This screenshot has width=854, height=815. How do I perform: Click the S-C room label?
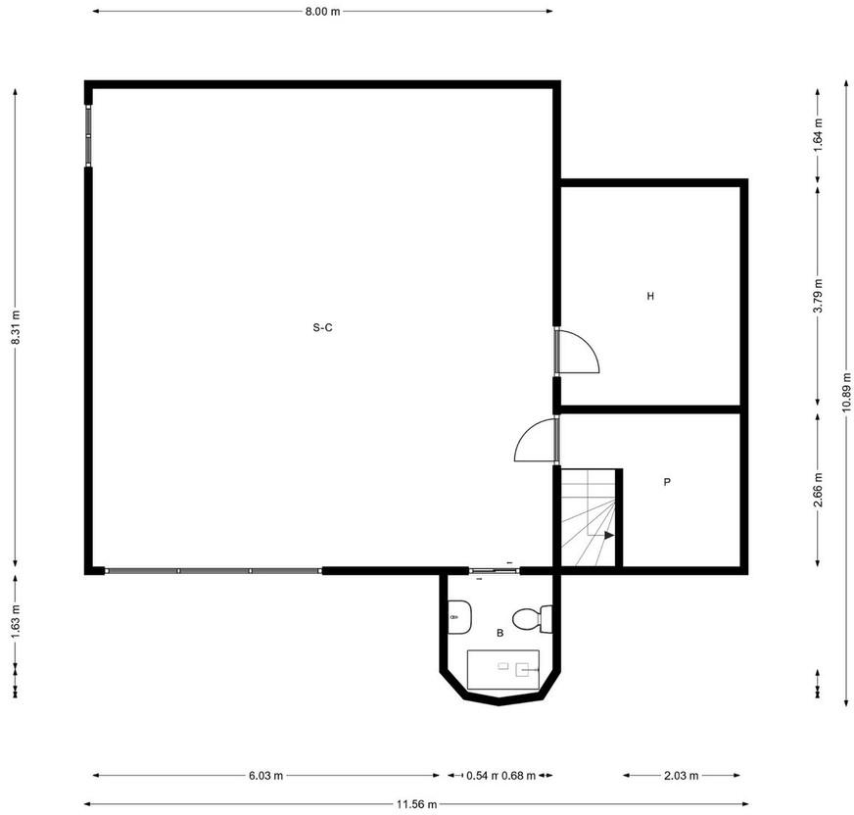(x=322, y=327)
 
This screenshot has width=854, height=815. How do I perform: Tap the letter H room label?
(x=650, y=297)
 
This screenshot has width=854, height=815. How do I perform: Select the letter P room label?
(x=667, y=482)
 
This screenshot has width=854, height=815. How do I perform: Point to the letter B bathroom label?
(x=500, y=633)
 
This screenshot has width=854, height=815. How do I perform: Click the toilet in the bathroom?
(x=532, y=619)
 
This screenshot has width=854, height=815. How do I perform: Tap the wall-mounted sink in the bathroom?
(x=459, y=617)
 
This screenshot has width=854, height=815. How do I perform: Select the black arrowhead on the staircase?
(x=609, y=536)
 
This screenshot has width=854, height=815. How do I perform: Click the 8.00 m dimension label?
(x=322, y=12)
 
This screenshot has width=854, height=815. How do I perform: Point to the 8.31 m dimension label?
(x=16, y=327)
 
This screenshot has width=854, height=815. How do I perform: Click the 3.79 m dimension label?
(x=818, y=295)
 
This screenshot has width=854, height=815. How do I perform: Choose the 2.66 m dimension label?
(x=818, y=490)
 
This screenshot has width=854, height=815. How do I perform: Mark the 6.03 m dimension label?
(x=265, y=775)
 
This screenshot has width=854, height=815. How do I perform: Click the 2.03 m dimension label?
(x=682, y=775)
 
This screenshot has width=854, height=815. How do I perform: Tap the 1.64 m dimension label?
(x=818, y=135)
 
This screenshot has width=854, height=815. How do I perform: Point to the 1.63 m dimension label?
(x=16, y=622)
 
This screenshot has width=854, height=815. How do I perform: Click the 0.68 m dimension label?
(x=518, y=775)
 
